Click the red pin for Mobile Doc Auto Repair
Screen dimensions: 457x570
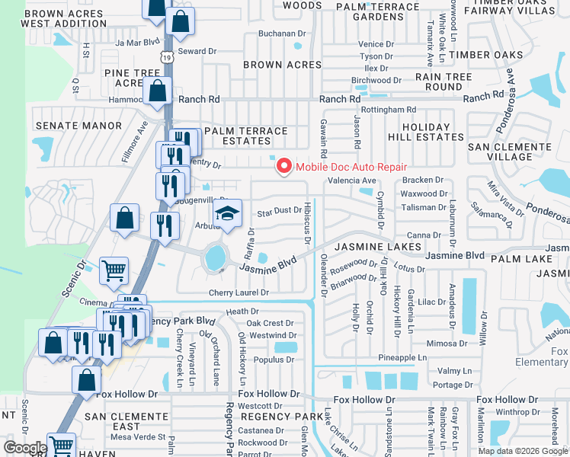(284, 166)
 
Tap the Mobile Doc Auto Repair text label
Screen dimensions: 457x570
(351, 167)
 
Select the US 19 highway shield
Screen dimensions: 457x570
(167, 56)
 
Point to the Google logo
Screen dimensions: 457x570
(25, 448)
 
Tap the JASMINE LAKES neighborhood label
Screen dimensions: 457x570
(378, 247)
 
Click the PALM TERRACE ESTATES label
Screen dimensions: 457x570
(245, 136)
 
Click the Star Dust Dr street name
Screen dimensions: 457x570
(279, 212)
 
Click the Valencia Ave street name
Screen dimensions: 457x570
(352, 181)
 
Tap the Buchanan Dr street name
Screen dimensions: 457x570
(281, 34)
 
